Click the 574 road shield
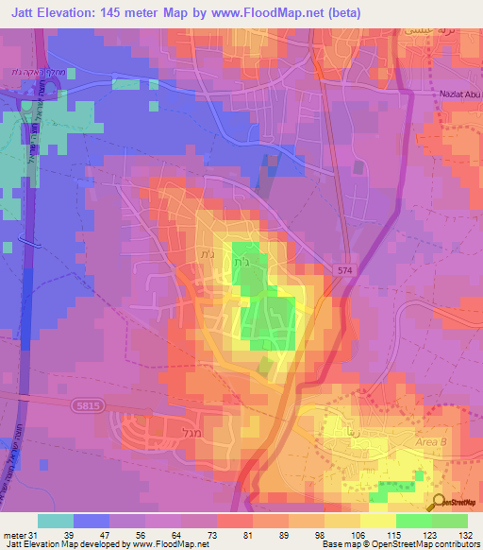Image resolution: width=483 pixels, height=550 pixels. pos(344,271)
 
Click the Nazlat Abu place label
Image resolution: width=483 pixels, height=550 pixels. pos(449,95)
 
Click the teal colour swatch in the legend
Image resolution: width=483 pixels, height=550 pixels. pos(55,521)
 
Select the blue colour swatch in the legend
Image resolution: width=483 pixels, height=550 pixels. pos(91,521)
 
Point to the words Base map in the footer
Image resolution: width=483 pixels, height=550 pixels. pos(341,544)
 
